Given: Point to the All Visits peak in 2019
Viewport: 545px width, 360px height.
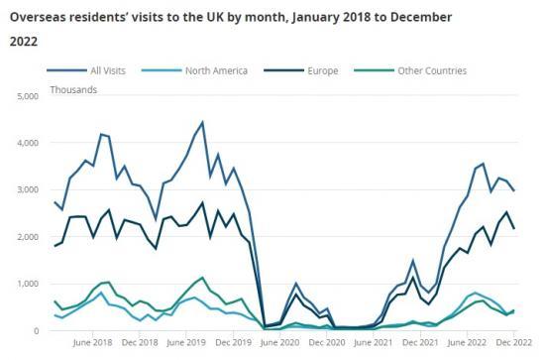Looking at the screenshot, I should click(x=202, y=122).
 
